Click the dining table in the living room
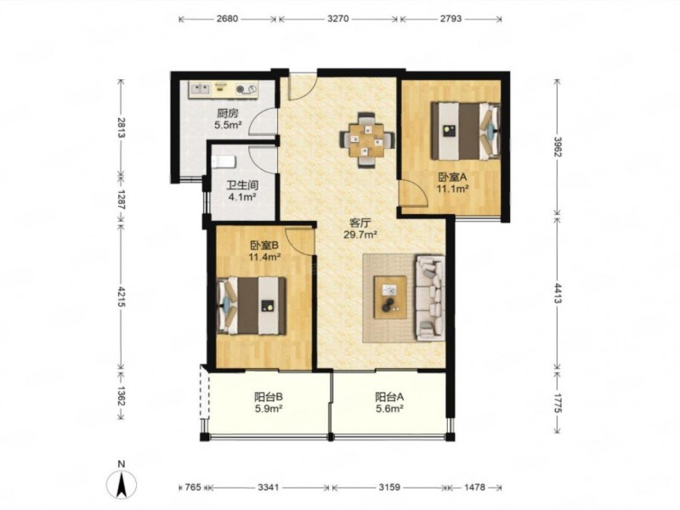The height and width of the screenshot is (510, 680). tap(367, 139)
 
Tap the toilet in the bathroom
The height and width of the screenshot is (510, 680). tap(224, 161)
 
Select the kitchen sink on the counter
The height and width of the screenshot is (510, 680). tap(200, 89)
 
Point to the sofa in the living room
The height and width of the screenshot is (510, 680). tap(430, 298)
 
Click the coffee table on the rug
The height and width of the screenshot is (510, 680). tap(391, 297)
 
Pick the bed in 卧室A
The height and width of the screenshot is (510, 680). tap(465, 131)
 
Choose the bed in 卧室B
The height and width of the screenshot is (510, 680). tap(252, 306)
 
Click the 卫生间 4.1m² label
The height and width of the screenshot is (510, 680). tap(242, 191)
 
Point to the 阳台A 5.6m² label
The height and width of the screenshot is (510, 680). tap(389, 402)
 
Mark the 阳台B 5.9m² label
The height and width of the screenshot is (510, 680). tap(269, 402)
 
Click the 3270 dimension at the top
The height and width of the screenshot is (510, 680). tap(337, 19)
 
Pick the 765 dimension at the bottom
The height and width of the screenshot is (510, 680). tap(193, 487)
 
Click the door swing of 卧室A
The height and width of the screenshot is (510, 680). tap(415, 193)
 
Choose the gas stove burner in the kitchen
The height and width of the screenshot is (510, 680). tap(240, 90)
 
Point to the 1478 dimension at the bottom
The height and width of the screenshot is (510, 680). tap(474, 487)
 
